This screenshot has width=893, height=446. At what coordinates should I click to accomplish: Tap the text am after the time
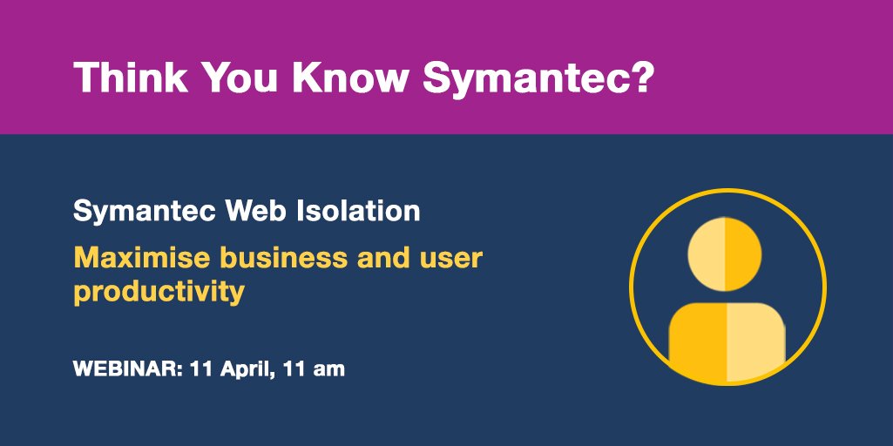point(328,368)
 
